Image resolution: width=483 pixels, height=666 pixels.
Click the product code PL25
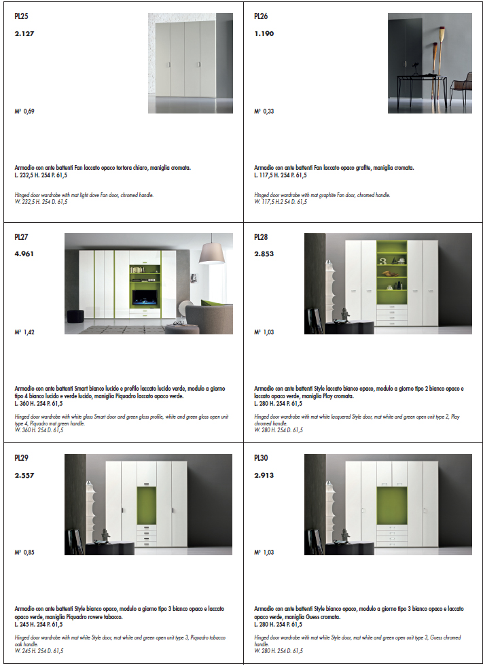tap(21, 16)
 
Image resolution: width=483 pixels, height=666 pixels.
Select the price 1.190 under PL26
tap(264, 33)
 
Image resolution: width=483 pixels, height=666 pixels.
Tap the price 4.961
tap(24, 254)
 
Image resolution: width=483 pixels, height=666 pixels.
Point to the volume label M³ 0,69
tap(24, 111)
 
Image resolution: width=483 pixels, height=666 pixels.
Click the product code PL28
tap(261, 237)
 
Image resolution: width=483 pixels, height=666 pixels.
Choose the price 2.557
tap(24, 475)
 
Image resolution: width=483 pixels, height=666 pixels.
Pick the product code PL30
tap(261, 458)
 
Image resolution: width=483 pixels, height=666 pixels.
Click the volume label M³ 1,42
tap(24, 332)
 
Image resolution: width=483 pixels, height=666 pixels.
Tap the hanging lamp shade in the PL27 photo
tap(212, 253)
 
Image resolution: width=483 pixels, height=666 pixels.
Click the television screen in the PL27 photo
tap(145, 298)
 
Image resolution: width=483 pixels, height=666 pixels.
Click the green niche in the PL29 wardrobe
tap(147, 506)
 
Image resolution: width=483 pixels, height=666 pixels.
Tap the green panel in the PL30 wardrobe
tap(392, 506)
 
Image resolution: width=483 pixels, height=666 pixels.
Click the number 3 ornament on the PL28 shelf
tap(382, 260)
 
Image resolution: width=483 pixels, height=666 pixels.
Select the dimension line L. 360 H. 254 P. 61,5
tap(39, 404)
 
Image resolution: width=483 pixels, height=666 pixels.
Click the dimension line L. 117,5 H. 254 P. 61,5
tap(280, 175)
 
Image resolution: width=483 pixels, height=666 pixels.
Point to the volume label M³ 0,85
tap(24, 552)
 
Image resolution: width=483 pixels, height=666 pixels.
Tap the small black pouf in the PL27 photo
tap(75, 316)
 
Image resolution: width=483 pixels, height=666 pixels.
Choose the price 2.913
tap(264, 475)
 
